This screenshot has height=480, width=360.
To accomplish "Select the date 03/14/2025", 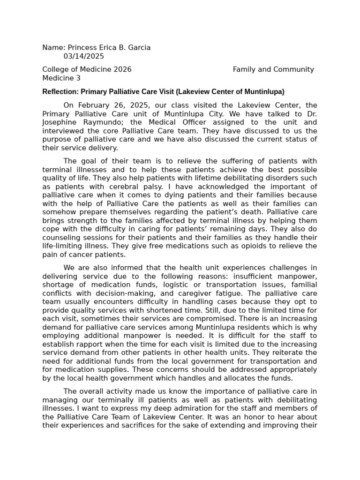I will (x=84, y=56).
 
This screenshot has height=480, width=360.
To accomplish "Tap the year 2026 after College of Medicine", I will (x=122, y=69).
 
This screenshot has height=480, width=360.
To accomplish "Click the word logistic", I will (x=181, y=285).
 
